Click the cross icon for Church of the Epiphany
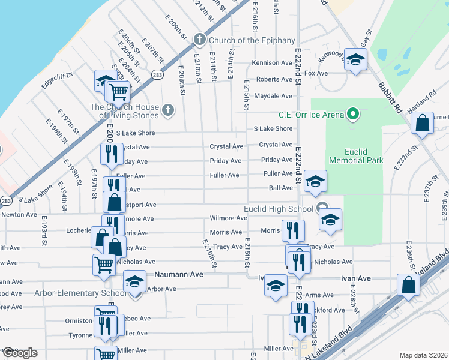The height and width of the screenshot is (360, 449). click(x=200, y=40)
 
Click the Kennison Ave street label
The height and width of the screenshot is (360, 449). click(x=272, y=63)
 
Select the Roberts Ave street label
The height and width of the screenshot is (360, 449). click(x=274, y=79)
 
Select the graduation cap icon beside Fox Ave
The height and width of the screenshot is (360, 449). click(x=355, y=59)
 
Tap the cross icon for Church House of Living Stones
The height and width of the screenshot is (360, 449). click(x=168, y=110)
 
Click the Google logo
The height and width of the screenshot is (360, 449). click(x=20, y=353)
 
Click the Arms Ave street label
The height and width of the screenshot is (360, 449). click(x=319, y=295)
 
